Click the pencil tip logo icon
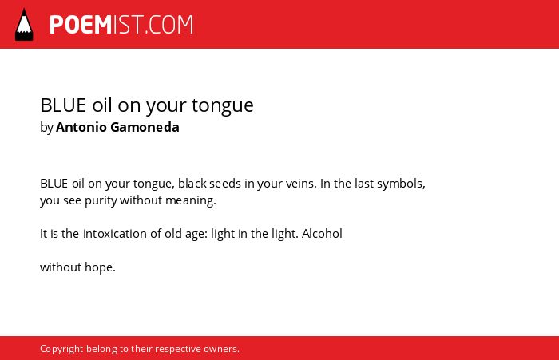pyautogui.click(x=24, y=25)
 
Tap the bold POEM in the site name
pyautogui.click(x=81, y=25)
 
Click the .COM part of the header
pyautogui.click(x=169, y=25)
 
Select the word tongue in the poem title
pyautogui.click(x=223, y=105)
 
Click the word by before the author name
pyautogui.click(x=46, y=128)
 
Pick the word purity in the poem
pyautogui.click(x=101, y=200)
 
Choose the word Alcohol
pyautogui.click(x=322, y=234)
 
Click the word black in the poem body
pyautogui.click(x=192, y=184)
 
